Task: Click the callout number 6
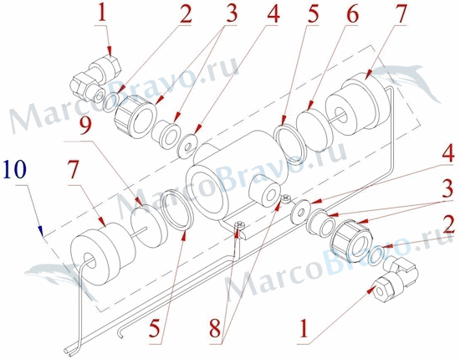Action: [350, 13]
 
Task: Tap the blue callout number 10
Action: [15, 170]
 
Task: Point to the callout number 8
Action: [217, 328]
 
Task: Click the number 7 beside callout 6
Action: [396, 14]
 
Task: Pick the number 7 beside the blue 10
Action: [74, 170]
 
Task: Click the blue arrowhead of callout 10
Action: [42, 231]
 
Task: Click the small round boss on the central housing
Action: [265, 193]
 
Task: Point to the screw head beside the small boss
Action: [285, 198]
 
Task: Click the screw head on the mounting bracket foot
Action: [240, 225]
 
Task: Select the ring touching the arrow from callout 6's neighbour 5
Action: [290, 144]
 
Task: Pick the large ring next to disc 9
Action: [177, 209]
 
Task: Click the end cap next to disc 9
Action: [103, 254]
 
